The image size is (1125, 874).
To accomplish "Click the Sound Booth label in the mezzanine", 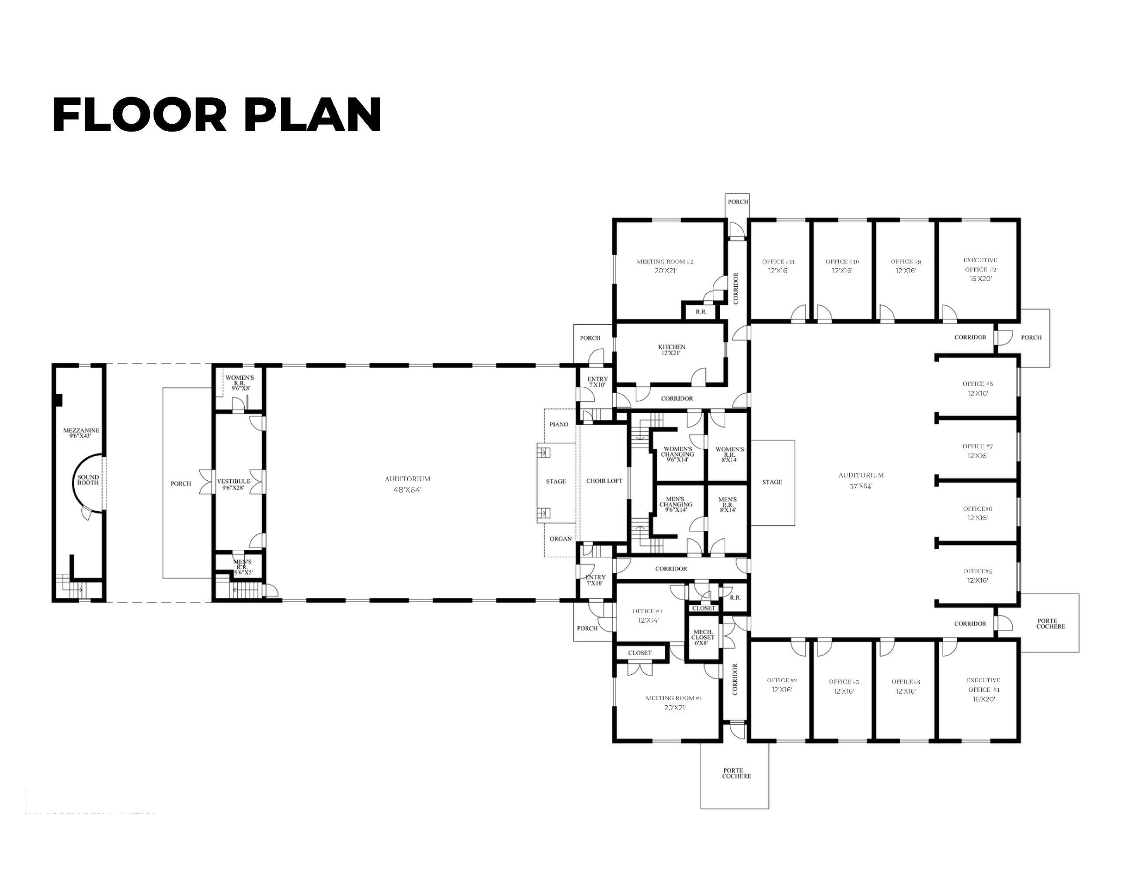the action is tap(88, 480).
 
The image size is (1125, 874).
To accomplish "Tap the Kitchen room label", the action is tap(672, 347).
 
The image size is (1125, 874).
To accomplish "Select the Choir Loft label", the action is tap(604, 481).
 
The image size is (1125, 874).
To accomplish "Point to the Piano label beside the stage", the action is tap(559, 424).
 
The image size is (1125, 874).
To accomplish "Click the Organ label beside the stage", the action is tap(560, 539).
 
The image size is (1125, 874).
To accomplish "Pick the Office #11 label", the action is tap(778, 262).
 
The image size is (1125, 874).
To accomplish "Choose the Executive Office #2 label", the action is tap(980, 265).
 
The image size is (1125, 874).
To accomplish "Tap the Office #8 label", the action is tap(978, 384).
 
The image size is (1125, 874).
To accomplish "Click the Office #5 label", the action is tap(978, 571).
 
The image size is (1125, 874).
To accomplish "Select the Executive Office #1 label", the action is tap(983, 685).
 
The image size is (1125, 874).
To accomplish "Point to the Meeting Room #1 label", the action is tap(674, 698).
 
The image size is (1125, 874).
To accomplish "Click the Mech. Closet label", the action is tap(703, 635).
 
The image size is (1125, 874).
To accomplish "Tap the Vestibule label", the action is tap(233, 482).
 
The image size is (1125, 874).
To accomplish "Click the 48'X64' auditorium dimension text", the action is tap(407, 490).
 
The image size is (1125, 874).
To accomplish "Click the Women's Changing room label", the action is tap(677, 452).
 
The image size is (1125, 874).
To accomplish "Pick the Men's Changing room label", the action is tap(676, 502).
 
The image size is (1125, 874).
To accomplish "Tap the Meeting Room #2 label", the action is tap(665, 262).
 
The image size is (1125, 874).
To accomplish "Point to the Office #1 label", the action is tap(647, 611).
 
